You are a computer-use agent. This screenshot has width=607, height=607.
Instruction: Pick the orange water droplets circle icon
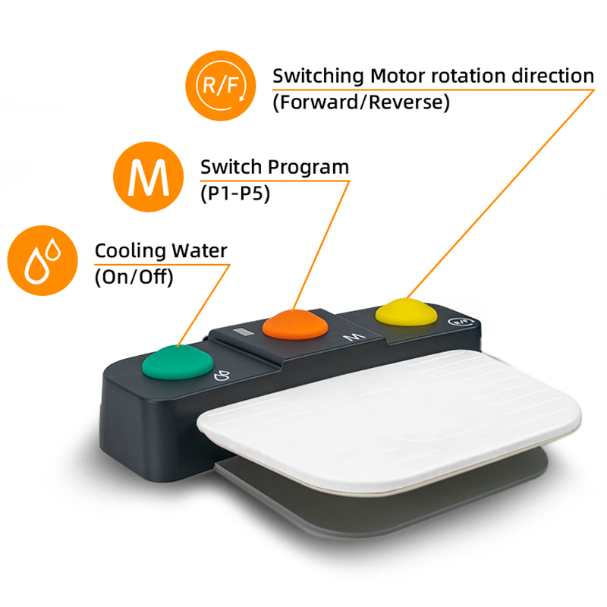pyautogui.click(x=42, y=260)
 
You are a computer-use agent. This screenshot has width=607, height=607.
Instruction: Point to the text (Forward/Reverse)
pyautogui.click(x=361, y=102)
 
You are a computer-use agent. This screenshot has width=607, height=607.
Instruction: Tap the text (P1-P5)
pyautogui.click(x=235, y=193)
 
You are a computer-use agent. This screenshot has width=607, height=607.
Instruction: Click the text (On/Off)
pyautogui.click(x=134, y=277)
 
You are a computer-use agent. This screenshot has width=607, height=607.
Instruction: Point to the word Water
pyautogui.click(x=200, y=250)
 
